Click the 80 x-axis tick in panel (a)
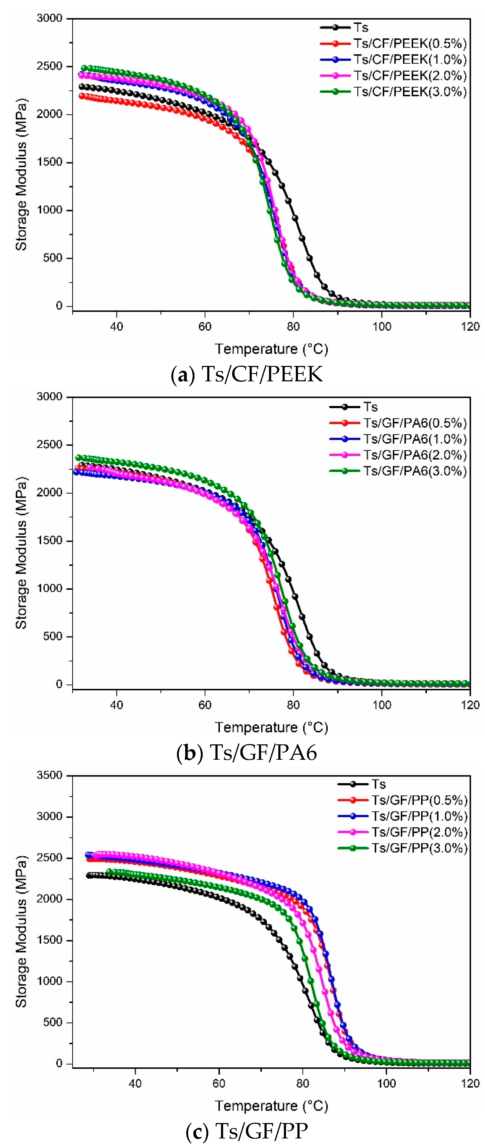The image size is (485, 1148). coord(293,327)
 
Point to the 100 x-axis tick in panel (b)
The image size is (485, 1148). coord(382,705)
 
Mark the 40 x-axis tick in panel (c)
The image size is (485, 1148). coord(135,1083)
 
